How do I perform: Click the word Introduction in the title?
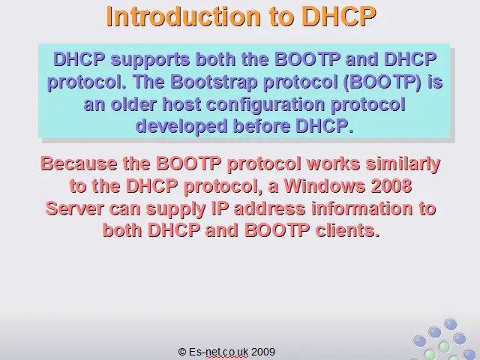(x=183, y=16)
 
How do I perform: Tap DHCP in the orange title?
(x=339, y=16)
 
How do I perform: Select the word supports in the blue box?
(x=150, y=60)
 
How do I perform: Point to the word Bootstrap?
(x=214, y=82)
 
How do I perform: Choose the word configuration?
(x=265, y=105)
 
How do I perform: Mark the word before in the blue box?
(x=261, y=126)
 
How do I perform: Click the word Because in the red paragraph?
(x=79, y=163)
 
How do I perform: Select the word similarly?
(x=403, y=163)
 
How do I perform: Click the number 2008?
(x=391, y=185)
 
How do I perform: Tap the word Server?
(x=74, y=208)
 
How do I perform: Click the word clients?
(x=347, y=230)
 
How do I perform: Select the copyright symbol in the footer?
(x=182, y=352)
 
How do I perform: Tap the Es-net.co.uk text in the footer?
(x=218, y=352)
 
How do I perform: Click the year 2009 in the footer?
(x=263, y=352)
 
